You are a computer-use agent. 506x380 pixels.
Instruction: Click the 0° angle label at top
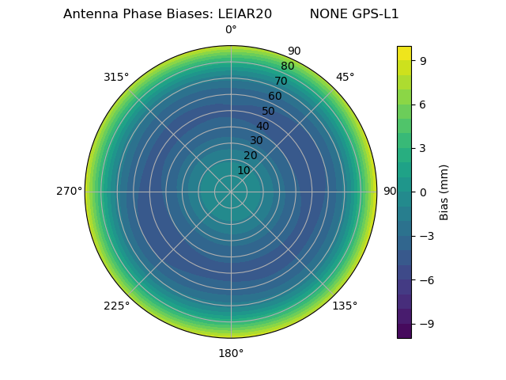point(231,30)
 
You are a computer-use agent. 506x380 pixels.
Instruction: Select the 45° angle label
point(345,78)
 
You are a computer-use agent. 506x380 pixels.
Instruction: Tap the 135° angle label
point(345,306)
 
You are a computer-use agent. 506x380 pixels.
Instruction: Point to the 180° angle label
point(231,353)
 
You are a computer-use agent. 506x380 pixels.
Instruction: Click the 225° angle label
point(116,306)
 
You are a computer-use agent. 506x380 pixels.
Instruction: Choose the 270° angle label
point(69,192)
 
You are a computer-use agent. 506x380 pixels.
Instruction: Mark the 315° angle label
point(116,78)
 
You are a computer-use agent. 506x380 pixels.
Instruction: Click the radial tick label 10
point(244,170)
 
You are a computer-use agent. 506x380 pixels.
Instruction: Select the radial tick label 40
point(262,126)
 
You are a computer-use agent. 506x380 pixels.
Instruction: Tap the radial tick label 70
point(281,81)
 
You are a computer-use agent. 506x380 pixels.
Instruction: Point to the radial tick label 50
point(268,111)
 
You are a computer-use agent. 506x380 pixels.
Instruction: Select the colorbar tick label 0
point(423,192)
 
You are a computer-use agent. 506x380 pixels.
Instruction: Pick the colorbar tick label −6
point(426,279)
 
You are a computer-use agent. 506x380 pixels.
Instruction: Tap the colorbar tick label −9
point(426,324)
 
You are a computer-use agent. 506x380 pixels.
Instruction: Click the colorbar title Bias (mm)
point(444,192)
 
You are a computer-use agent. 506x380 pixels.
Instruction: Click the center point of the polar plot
point(231,192)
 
